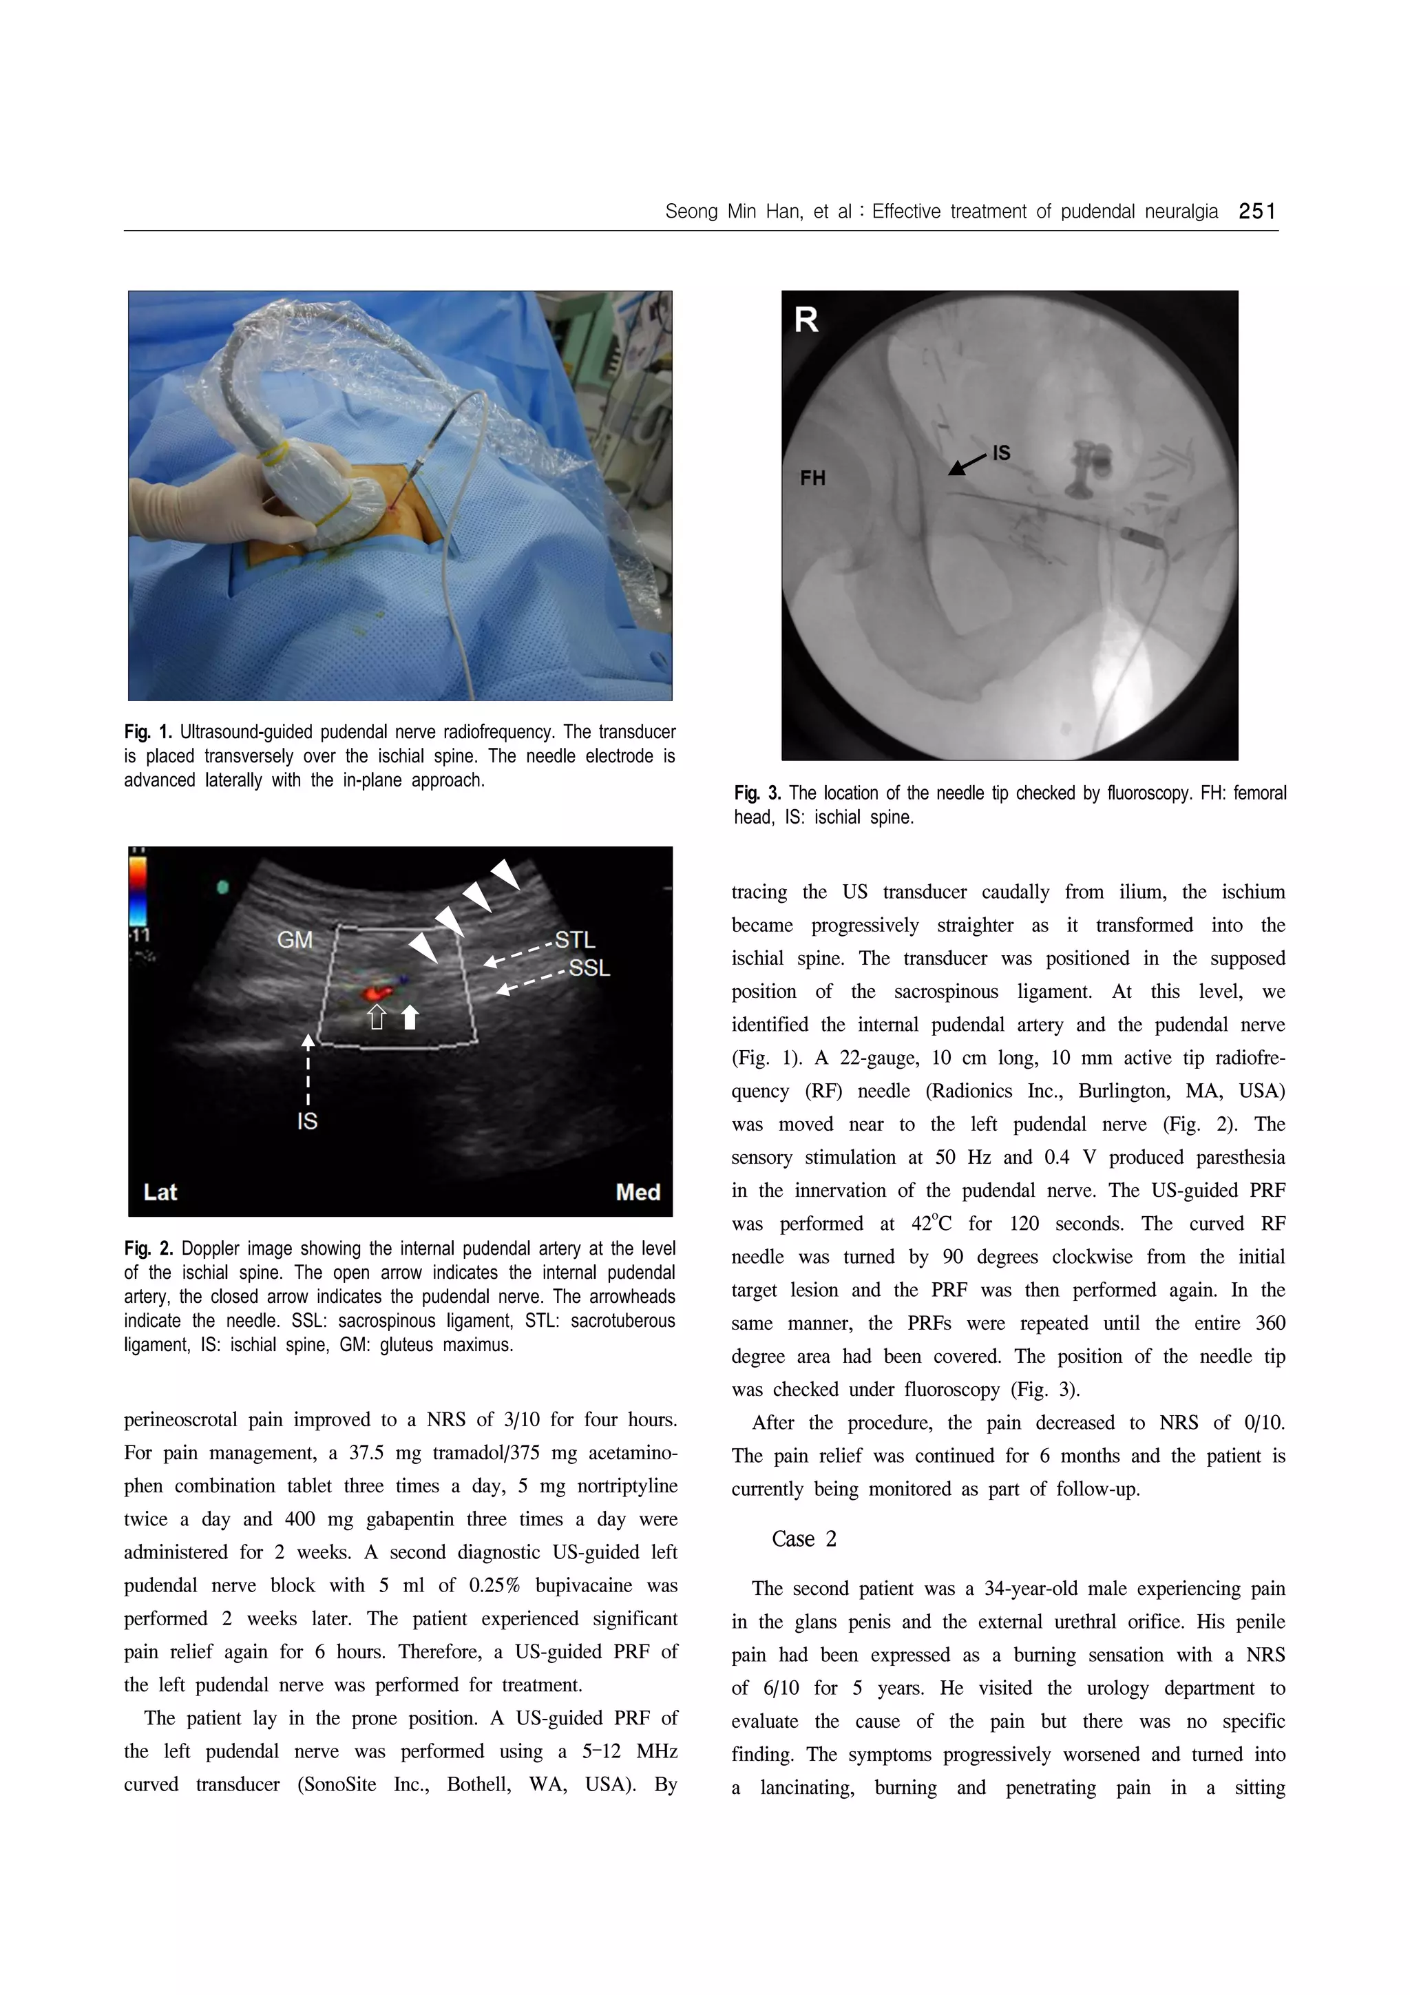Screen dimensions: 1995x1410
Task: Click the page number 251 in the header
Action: tap(1256, 211)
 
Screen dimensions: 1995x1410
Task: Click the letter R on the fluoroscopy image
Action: tap(806, 321)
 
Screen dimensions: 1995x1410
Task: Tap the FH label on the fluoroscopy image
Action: tap(812, 478)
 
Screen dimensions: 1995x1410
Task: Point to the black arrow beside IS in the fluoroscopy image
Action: tap(965, 464)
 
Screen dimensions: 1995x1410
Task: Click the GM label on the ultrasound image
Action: tap(295, 939)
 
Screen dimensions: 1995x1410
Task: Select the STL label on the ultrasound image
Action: tap(575, 939)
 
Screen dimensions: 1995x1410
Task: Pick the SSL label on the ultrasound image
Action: tap(589, 968)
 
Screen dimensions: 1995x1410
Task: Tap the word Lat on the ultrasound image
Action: tap(160, 1191)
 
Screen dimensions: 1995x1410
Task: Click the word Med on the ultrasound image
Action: tap(638, 1192)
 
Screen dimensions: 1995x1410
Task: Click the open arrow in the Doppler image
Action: tap(376, 1016)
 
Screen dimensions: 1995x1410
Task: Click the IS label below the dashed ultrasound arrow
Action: tap(308, 1121)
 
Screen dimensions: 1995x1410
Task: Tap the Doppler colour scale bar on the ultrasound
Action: tap(138, 890)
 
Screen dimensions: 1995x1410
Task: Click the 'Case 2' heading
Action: tap(803, 1539)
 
